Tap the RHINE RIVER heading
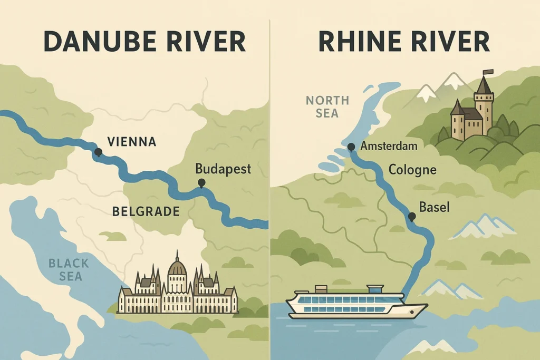click(x=404, y=42)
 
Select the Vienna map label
click(x=131, y=141)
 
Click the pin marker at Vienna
click(x=98, y=152)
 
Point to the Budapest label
click(x=223, y=169)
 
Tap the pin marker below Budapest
click(x=201, y=183)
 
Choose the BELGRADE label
click(x=146, y=212)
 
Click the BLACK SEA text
click(x=69, y=269)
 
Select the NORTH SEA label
click(x=327, y=106)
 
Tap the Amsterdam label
click(x=390, y=146)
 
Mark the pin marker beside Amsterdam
click(x=351, y=147)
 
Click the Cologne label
click(x=412, y=170)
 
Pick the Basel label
click(x=434, y=207)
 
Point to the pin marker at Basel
click(x=411, y=216)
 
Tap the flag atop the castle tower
click(x=489, y=72)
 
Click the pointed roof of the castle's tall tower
click(x=484, y=85)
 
